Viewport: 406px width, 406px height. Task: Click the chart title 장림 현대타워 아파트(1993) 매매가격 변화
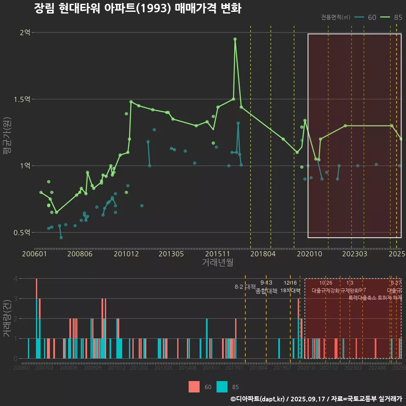(137, 9)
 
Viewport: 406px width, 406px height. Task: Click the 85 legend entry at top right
(391, 17)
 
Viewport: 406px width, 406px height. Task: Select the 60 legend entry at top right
(366, 17)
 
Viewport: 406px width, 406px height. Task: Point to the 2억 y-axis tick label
(25, 33)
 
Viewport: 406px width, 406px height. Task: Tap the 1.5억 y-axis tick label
(22, 99)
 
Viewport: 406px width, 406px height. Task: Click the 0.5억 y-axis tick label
(22, 233)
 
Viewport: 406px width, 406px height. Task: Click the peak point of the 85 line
(235, 39)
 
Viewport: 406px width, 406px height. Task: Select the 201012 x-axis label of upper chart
(126, 254)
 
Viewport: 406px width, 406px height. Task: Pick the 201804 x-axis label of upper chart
(262, 254)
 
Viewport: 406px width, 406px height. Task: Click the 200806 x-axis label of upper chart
(80, 254)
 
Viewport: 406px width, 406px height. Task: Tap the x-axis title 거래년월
(217, 263)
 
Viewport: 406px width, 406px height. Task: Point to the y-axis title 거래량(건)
(7, 318)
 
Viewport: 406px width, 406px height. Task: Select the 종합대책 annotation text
(266, 291)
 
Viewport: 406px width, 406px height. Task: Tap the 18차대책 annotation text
(290, 291)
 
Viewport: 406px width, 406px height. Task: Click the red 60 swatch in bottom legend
(194, 387)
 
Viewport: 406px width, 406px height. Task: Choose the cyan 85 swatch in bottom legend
(222, 387)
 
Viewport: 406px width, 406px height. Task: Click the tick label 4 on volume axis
(16, 279)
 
